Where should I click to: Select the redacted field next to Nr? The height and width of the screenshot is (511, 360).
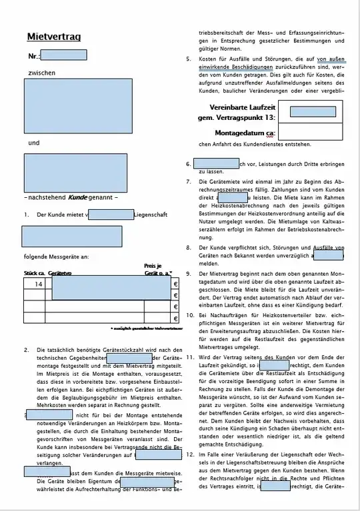pos(64,56)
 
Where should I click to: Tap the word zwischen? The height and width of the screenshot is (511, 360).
pos(41,72)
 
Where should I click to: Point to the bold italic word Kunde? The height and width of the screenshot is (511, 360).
pos(78,198)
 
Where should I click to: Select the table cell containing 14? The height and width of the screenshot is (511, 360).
pos(39,283)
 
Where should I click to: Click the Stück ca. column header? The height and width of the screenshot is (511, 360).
pos(35,273)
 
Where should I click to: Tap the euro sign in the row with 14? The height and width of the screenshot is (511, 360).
pos(175,284)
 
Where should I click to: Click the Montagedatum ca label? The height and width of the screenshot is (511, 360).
pos(245,133)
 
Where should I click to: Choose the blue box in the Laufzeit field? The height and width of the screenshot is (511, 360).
pos(313,111)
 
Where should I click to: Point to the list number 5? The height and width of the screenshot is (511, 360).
pos(189,59)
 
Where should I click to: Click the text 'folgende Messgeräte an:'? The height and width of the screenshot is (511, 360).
pos(56,256)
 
